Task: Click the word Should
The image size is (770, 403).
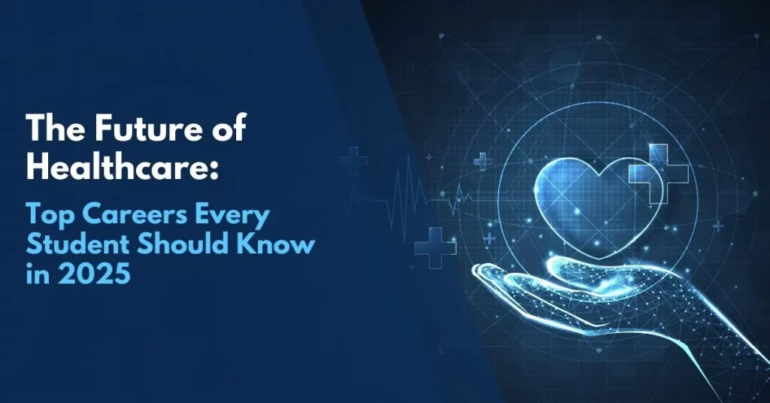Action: (180, 246)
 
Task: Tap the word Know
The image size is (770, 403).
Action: (278, 246)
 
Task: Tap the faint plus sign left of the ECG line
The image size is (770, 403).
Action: (352, 159)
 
